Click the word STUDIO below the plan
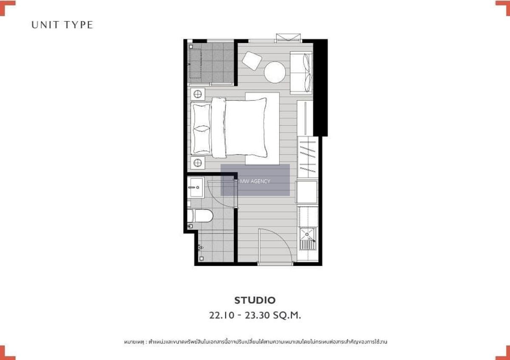tap(255, 300)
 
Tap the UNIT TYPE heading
tap(62, 25)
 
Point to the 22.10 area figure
tap(221, 315)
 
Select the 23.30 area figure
tap(258, 315)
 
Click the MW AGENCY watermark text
tap(255, 181)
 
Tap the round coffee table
tap(275, 72)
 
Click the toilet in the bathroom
tap(200, 215)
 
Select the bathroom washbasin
tap(196, 187)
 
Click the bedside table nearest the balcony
tap(197, 94)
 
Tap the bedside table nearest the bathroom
tap(197, 163)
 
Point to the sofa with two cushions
tap(301, 73)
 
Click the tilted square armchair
tap(252, 61)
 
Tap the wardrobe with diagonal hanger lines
tap(308, 157)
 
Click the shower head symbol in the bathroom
tap(200, 247)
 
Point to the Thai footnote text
tap(255, 342)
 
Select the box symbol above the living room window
tap(288, 37)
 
